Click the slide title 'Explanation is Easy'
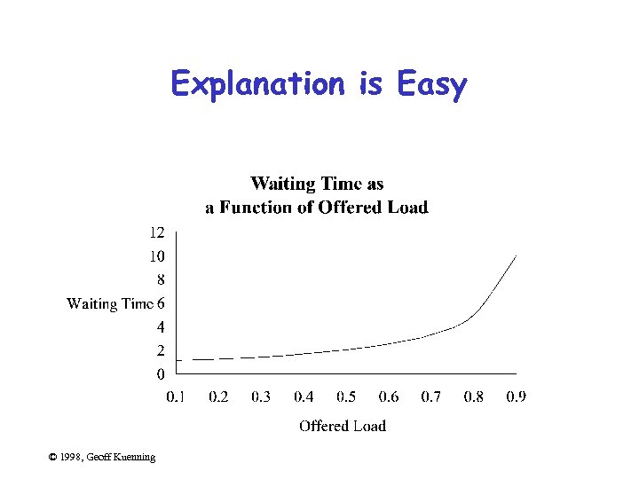point(319,84)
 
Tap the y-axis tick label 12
point(156,232)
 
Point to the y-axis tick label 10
point(156,256)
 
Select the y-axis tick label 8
point(161,280)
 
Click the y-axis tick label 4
point(161,327)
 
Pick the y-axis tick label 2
point(161,350)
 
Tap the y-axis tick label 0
point(161,373)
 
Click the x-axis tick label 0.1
point(176,397)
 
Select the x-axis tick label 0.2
point(218,397)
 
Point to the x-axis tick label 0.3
point(261,397)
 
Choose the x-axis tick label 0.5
point(346,397)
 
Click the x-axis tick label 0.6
point(389,397)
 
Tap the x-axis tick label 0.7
point(431,397)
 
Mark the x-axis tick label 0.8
point(474,397)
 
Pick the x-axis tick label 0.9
point(517,397)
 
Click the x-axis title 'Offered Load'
point(343,426)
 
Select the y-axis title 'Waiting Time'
point(110,304)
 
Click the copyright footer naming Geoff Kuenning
point(102,457)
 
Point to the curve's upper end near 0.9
point(515,257)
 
